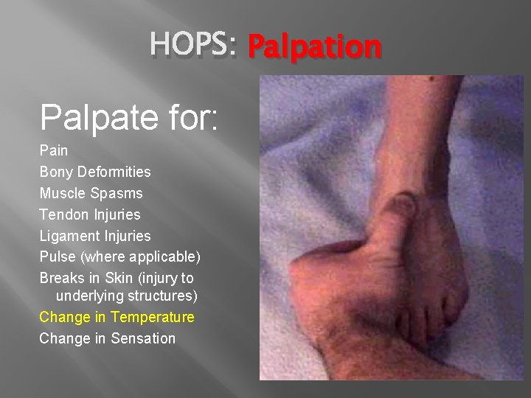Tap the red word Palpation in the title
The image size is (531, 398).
point(315,46)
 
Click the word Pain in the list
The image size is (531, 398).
point(53,150)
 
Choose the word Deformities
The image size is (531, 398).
point(114,172)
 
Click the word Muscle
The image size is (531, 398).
point(62,193)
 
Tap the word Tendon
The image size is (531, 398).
point(64,214)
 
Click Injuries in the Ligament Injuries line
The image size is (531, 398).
point(128,236)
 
